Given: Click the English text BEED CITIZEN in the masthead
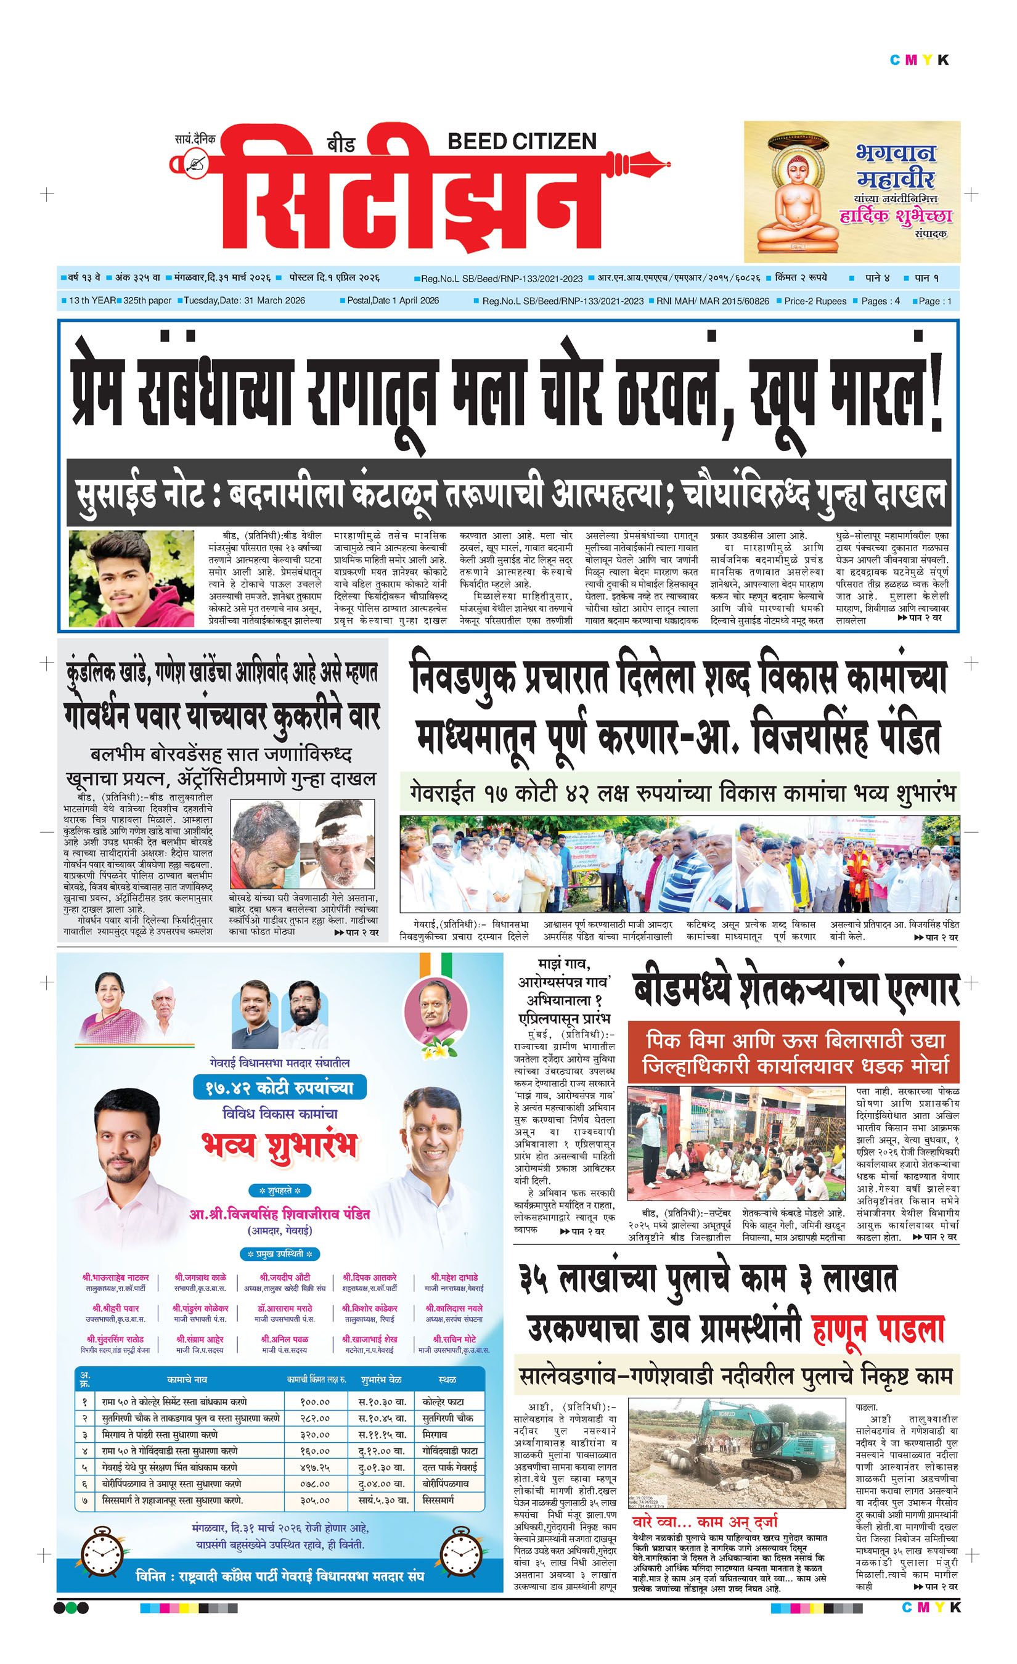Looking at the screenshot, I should tap(521, 141).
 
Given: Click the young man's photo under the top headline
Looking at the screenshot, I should tap(132, 578).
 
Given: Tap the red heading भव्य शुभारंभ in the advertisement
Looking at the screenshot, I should tap(279, 1147).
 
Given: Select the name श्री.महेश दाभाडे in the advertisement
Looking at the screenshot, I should tap(454, 1277).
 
